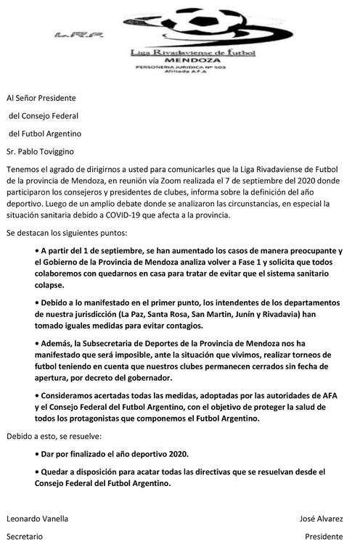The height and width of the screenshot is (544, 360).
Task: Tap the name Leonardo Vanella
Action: click(38, 519)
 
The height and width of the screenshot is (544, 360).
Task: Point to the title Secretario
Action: click(25, 537)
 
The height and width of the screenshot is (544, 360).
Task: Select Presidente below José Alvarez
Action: click(324, 537)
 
